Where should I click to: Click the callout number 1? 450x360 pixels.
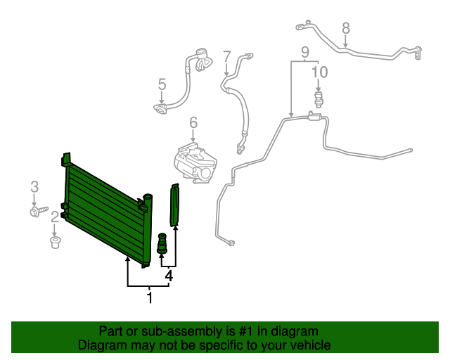149,298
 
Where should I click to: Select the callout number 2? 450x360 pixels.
54,217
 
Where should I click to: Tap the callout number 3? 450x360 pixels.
34,186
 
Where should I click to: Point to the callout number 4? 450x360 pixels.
169,276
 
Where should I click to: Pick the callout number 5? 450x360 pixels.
162,84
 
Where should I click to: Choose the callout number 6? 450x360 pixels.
193,124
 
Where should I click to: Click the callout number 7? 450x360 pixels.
226,56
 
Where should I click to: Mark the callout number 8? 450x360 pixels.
345,28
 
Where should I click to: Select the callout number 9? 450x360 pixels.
305,51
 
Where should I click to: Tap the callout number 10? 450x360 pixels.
319,72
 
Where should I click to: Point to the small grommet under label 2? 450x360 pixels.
54,243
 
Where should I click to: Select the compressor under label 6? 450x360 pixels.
197,164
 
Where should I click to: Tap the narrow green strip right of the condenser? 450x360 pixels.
174,204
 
